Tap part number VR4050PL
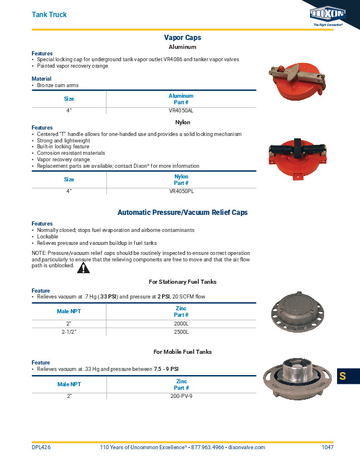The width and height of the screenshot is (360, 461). [x=181, y=191]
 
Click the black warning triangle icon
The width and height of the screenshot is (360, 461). [x=84, y=268]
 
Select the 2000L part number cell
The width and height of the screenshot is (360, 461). [x=181, y=324]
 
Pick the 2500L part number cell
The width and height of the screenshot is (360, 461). [x=181, y=333]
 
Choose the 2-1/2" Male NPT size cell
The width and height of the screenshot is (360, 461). [x=69, y=333]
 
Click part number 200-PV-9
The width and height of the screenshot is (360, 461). [x=181, y=396]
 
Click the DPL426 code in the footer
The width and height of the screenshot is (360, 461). [x=41, y=447]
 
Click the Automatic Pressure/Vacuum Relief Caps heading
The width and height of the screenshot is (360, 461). [x=182, y=212]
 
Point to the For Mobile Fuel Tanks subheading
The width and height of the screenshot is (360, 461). [x=182, y=352]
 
